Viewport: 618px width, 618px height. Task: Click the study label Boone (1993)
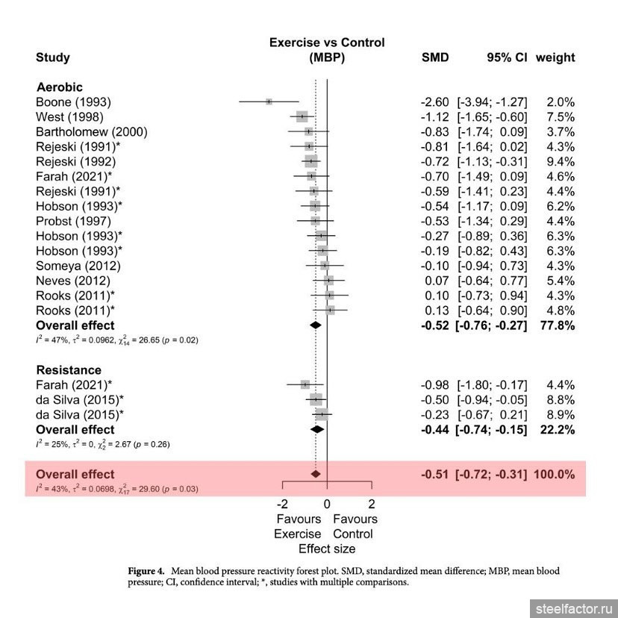(x=73, y=102)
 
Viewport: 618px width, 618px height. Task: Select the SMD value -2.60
(x=434, y=102)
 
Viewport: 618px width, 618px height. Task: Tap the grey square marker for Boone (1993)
(x=269, y=102)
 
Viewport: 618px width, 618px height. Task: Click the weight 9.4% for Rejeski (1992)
(x=561, y=162)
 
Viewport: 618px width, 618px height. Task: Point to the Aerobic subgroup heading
(x=60, y=87)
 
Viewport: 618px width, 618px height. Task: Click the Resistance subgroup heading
(x=69, y=370)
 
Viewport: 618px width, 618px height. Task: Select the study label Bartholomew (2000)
(x=92, y=132)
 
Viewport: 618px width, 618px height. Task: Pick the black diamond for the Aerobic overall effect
(x=315, y=325)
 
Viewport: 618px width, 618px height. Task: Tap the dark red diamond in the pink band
(x=315, y=474)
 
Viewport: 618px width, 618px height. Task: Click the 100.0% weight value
(x=554, y=474)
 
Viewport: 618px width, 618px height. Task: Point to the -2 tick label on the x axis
(x=282, y=504)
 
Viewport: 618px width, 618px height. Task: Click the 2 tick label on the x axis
(x=372, y=504)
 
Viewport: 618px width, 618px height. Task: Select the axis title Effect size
(x=327, y=549)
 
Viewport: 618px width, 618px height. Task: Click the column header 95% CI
(x=507, y=57)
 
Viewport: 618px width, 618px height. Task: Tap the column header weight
(x=555, y=57)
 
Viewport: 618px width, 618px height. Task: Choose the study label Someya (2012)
(x=78, y=266)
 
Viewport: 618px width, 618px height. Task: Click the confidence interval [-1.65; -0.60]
(x=493, y=117)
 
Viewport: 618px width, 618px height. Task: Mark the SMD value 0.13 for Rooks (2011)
(x=437, y=310)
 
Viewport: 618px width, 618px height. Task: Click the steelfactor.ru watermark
(x=574, y=609)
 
